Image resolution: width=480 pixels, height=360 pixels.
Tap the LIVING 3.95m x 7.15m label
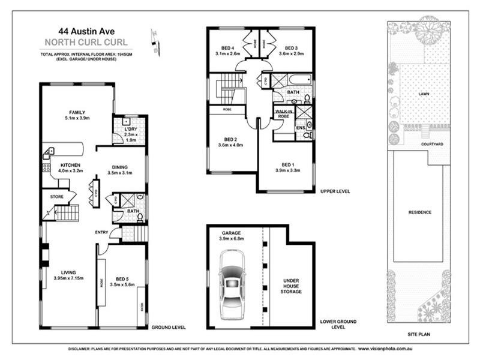click(x=68, y=274)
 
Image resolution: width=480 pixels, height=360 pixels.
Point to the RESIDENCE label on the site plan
click(x=419, y=212)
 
